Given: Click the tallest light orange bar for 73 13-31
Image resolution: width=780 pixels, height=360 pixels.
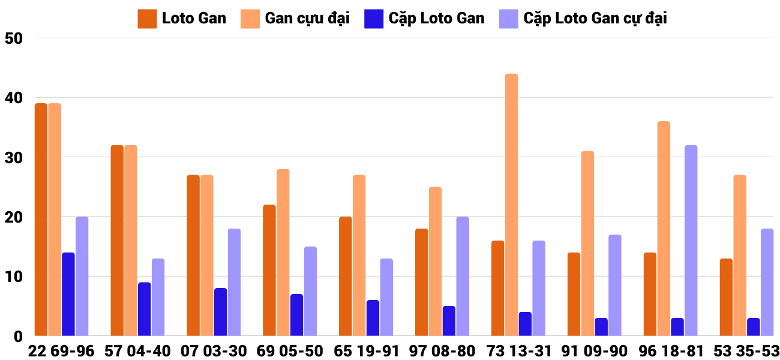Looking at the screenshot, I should (511, 205).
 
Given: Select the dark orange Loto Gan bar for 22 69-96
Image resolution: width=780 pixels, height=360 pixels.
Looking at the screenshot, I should (41, 220).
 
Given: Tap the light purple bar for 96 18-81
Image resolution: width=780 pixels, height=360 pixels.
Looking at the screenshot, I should (691, 241).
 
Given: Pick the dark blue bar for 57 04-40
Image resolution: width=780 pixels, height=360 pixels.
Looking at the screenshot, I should (144, 309).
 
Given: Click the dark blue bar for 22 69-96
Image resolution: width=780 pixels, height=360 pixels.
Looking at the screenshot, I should (68, 294).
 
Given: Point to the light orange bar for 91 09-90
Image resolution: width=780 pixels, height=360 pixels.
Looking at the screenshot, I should (587, 244).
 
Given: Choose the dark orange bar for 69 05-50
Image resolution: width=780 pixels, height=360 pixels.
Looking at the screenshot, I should (269, 270).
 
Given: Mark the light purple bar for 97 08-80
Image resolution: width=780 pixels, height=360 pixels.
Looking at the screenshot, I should (463, 276).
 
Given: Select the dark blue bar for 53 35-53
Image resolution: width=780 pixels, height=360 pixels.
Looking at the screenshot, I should (753, 327).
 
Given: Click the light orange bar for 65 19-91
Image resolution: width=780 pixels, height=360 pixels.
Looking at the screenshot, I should (359, 256).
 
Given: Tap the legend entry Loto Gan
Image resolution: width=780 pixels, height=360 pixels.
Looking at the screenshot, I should (194, 18).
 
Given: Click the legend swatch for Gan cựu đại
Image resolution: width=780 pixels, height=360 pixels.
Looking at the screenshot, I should (250, 19).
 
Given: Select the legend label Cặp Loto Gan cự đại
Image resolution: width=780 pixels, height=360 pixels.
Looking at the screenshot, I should (595, 18).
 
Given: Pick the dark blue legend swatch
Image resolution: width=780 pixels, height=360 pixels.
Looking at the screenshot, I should (373, 19).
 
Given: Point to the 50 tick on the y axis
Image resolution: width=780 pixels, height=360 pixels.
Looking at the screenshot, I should (13, 38).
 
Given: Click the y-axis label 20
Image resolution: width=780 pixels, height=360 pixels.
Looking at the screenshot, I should (13, 217).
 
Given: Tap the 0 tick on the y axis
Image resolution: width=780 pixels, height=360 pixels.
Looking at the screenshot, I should (18, 337).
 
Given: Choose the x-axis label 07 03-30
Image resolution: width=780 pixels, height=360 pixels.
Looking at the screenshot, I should (214, 351).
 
